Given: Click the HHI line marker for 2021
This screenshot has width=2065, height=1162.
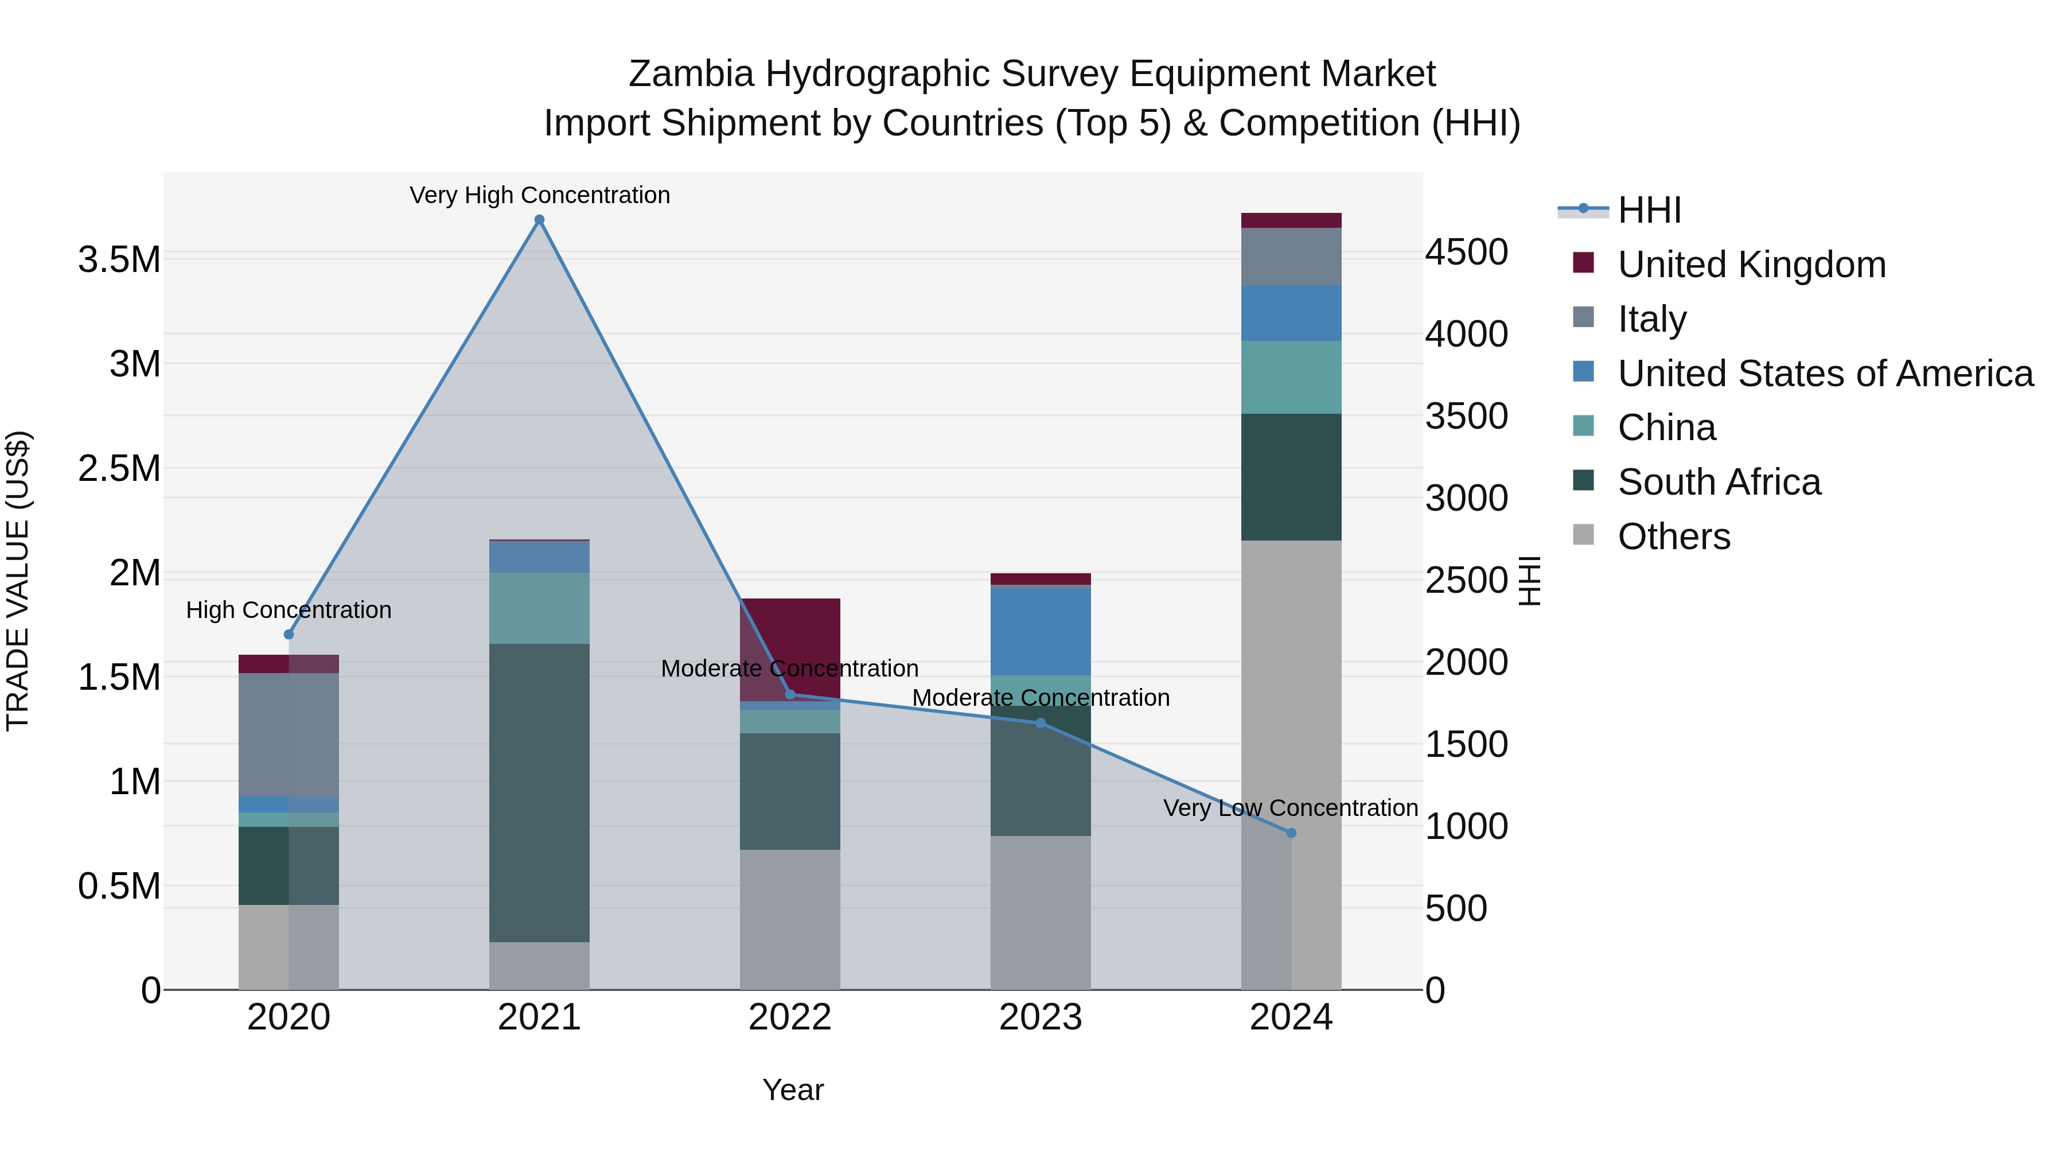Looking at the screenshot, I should point(540,220).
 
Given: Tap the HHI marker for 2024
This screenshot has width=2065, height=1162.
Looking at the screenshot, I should point(1291,833).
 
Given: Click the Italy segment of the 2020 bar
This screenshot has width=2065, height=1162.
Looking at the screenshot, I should point(289,734).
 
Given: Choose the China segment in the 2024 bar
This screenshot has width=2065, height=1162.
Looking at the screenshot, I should point(1291,377).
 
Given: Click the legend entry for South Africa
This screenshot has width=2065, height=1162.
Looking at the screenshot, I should point(1718,482).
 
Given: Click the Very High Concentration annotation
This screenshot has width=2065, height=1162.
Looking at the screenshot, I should point(540,195).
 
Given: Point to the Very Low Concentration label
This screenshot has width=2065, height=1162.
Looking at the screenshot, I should point(1290,807).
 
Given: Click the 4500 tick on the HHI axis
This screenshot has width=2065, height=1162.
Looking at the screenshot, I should point(1466,252).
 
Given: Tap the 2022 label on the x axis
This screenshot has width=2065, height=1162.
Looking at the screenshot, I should point(790,1017).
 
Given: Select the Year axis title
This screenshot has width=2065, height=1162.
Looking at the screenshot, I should point(793,1090).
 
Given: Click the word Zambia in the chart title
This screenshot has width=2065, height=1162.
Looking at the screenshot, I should point(691,74).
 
